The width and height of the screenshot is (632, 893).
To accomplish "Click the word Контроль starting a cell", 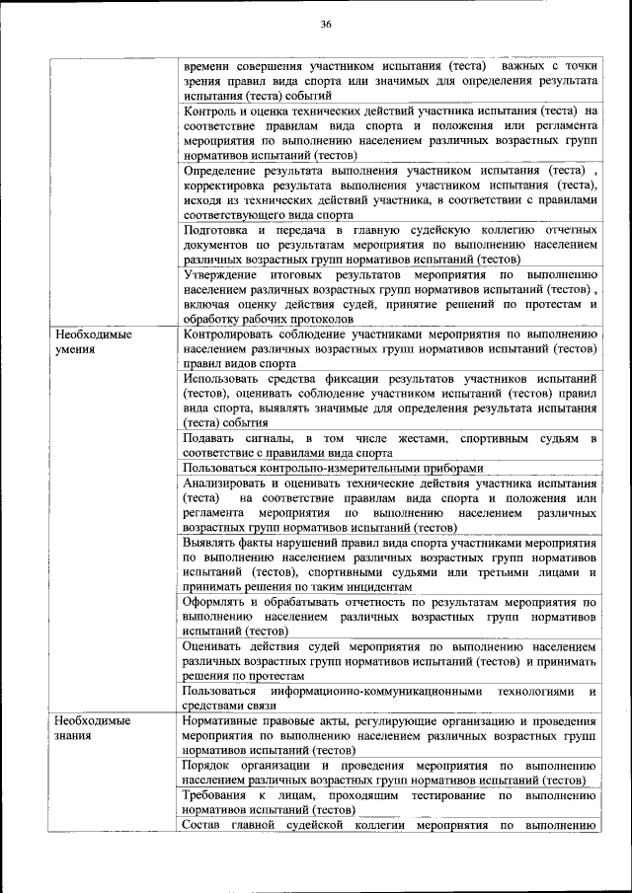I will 210,111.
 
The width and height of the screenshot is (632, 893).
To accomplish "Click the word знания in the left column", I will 74,735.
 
